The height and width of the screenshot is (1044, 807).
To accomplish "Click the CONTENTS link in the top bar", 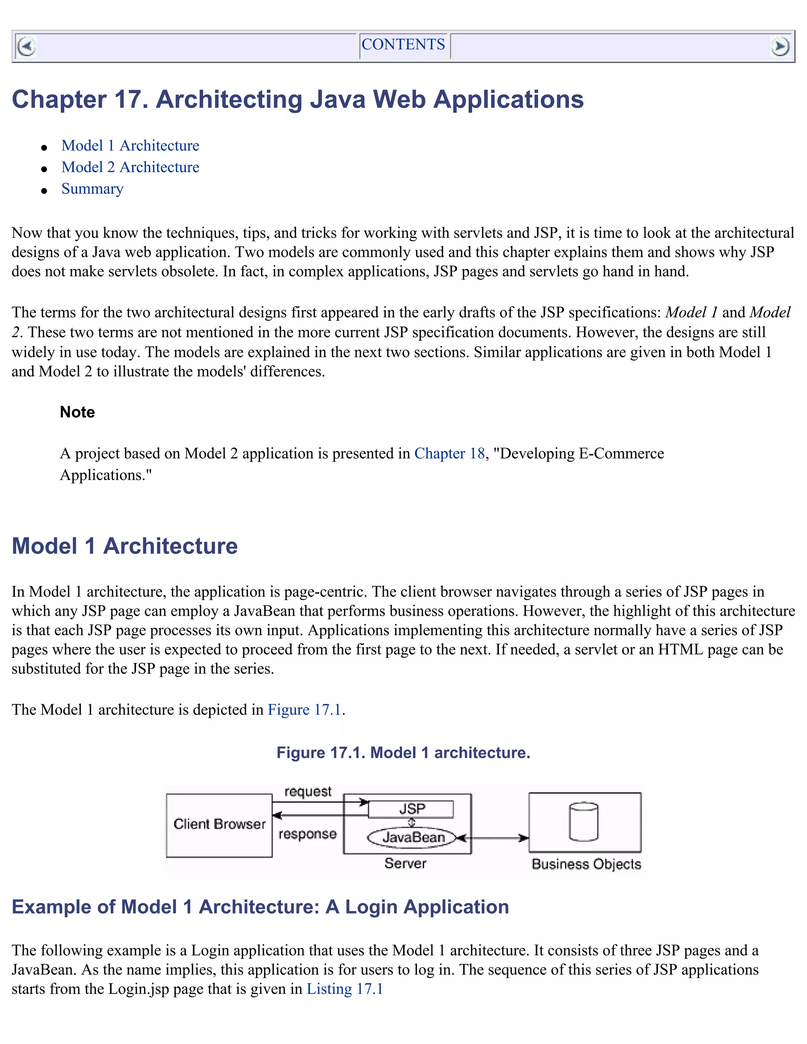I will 403,45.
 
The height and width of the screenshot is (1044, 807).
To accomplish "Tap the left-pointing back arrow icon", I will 26,46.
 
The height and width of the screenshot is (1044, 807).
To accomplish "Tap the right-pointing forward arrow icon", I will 780,46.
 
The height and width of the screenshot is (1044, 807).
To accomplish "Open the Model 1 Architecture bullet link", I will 130,145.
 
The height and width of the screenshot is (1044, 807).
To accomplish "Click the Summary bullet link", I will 92,189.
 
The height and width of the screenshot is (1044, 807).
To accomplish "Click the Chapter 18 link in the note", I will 449,453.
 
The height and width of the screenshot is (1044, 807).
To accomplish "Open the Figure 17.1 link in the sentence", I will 305,710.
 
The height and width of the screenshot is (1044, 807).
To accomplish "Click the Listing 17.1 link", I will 345,988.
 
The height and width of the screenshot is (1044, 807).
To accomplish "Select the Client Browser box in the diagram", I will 219,825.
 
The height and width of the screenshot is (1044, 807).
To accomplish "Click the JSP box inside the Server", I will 411,809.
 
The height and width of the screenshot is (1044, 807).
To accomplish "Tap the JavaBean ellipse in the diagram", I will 413,838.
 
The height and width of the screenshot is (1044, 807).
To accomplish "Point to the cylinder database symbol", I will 584,822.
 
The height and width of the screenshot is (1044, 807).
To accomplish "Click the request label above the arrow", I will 307,791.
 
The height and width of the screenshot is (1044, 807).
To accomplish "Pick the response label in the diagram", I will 307,834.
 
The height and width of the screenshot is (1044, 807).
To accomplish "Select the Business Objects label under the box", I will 586,864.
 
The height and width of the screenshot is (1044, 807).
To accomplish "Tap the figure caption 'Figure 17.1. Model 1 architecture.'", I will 403,753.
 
